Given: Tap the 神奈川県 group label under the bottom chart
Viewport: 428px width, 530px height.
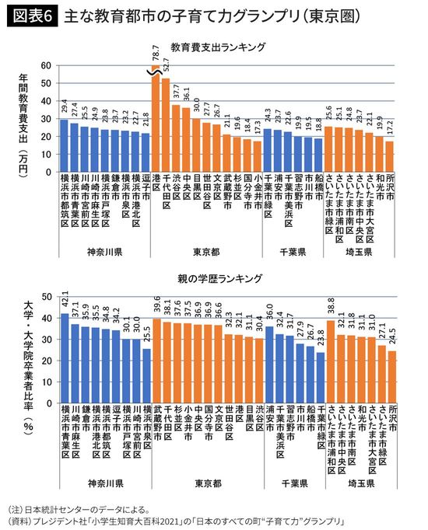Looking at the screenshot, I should pos(103,483).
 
